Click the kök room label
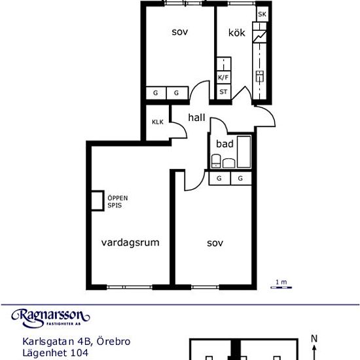[x=237, y=33]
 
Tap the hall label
[x=196, y=117]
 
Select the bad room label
[x=225, y=144]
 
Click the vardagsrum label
[x=130, y=243]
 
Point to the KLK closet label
[x=158, y=122]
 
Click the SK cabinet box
[x=262, y=14]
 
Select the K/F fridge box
[x=224, y=77]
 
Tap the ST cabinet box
[x=224, y=92]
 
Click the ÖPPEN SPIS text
[x=118, y=202]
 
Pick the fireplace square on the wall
[x=98, y=200]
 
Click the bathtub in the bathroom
[x=244, y=152]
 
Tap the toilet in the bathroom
[x=216, y=161]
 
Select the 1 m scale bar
[x=281, y=287]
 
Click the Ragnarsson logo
[x=50, y=318]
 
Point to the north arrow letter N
[x=314, y=338]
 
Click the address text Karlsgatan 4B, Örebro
[x=77, y=342]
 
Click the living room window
[x=130, y=287]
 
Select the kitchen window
[x=242, y=3]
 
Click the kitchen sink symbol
[x=260, y=77]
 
